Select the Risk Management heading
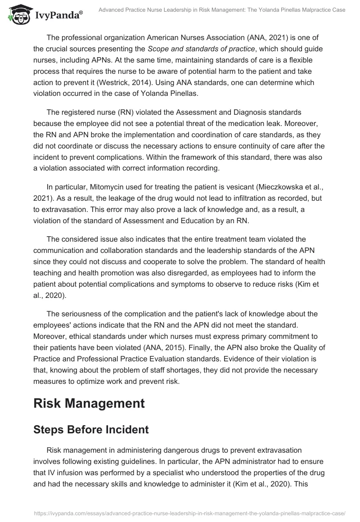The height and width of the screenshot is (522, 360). point(89,403)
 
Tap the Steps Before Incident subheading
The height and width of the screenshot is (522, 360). point(91,430)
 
